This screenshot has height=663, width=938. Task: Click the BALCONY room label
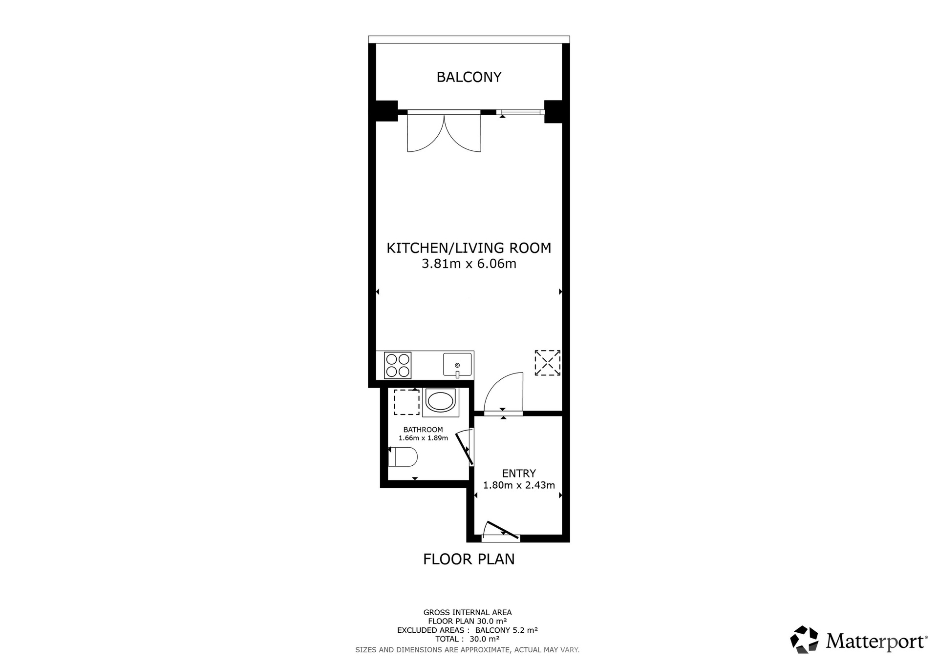click(469, 77)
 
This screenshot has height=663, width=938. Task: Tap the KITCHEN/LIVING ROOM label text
click(469, 248)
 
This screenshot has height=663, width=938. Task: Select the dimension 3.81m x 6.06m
click(469, 264)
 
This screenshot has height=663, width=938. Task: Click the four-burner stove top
click(398, 365)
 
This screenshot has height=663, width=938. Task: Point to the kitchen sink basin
click(458, 365)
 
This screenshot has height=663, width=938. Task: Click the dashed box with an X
click(547, 363)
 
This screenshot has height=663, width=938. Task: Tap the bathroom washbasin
click(441, 402)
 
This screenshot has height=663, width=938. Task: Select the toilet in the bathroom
click(403, 457)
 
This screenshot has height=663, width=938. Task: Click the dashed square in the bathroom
click(406, 402)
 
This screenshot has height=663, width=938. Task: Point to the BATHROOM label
click(423, 430)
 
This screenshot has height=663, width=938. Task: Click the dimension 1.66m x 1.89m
click(423, 438)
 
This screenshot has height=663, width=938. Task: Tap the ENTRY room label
click(519, 474)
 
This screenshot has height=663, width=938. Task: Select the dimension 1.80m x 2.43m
click(519, 485)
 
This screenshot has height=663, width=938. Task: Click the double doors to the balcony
click(444, 132)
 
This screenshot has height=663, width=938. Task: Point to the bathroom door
click(465, 447)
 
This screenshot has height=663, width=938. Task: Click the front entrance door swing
click(501, 531)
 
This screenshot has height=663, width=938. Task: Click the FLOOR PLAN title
click(469, 559)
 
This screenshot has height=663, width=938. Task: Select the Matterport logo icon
click(804, 639)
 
